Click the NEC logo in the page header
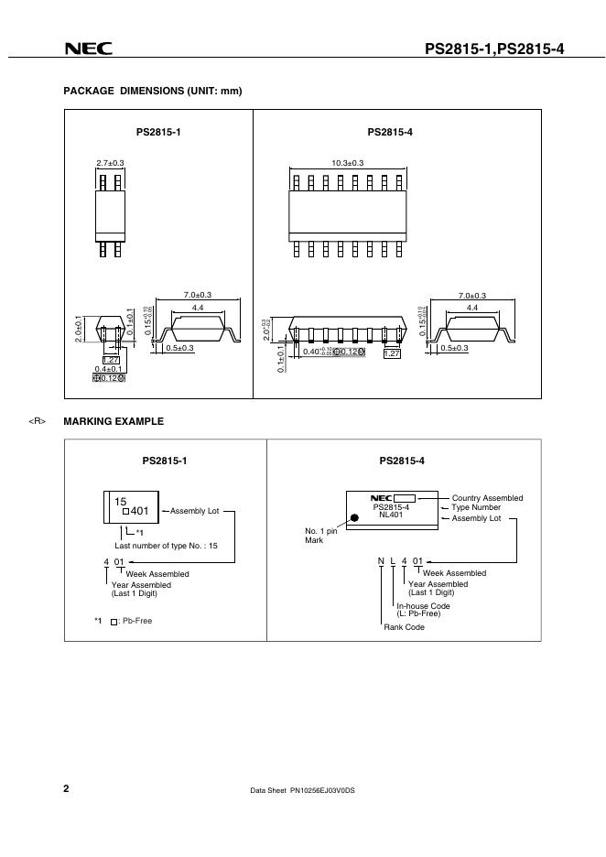click(x=88, y=50)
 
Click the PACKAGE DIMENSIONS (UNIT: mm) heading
click(x=152, y=91)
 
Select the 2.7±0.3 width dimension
click(x=110, y=163)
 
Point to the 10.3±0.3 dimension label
click(x=348, y=163)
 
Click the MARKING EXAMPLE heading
click(x=114, y=421)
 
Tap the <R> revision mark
click(x=37, y=421)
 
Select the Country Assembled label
click(x=487, y=498)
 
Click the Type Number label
click(x=475, y=506)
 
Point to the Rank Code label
click(x=404, y=627)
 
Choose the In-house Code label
click(x=423, y=606)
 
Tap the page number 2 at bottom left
click(x=67, y=787)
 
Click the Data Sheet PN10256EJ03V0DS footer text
click(x=302, y=789)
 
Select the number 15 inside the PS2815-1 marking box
click(x=120, y=502)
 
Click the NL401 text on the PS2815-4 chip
click(x=391, y=515)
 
